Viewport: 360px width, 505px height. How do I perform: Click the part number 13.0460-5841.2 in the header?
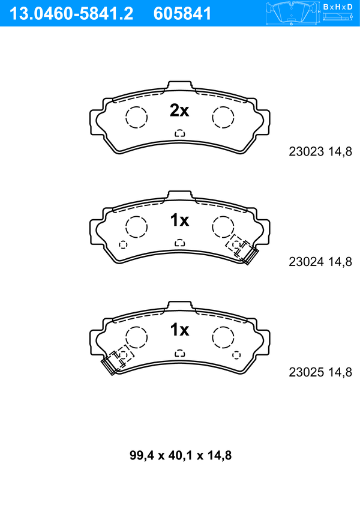71,14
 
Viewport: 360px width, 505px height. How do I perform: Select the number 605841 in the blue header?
182,14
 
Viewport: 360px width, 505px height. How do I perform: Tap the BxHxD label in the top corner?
337,7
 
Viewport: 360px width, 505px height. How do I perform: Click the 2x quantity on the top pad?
179,110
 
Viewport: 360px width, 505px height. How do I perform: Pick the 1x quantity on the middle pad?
179,220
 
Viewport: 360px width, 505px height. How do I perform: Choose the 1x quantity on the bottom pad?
179,330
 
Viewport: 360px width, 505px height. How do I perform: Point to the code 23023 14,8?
320,151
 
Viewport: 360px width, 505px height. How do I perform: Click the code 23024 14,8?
320,262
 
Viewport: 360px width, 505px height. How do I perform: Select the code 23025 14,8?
320,372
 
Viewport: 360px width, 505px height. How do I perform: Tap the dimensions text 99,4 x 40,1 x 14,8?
181,455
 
